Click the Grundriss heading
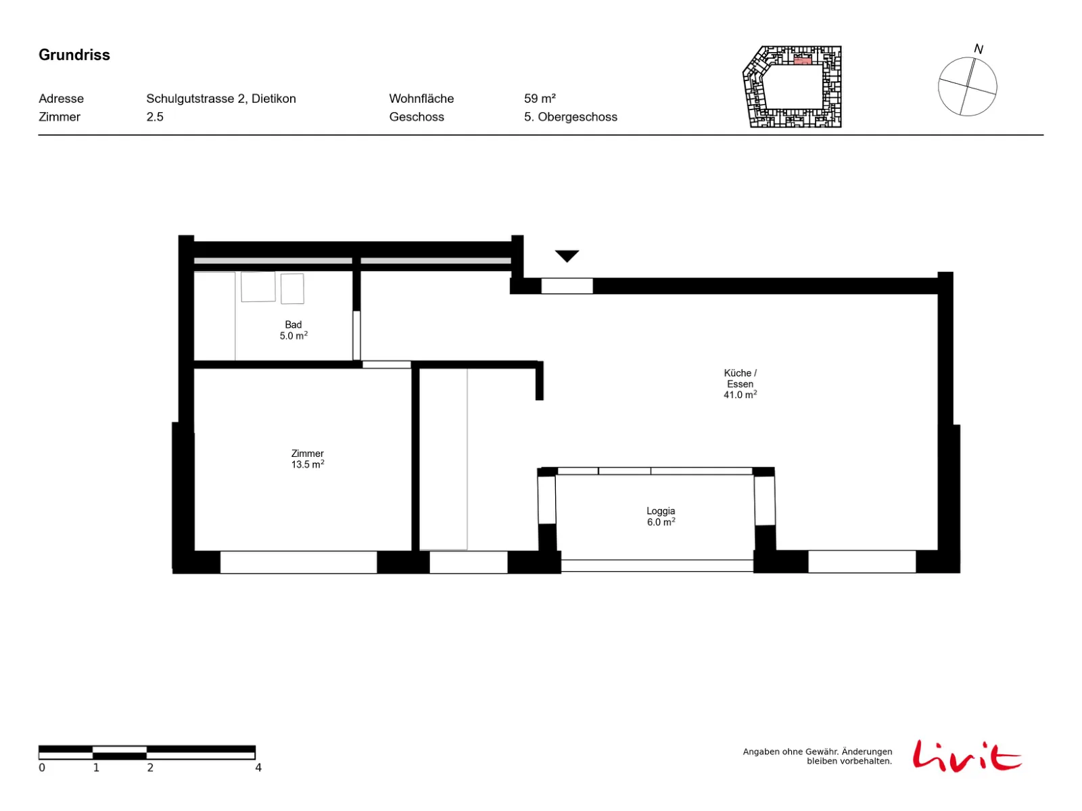(x=74, y=55)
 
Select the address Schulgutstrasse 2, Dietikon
(x=221, y=99)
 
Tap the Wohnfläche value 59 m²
(x=540, y=99)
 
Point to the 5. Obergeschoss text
(x=570, y=117)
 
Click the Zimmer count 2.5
(x=154, y=117)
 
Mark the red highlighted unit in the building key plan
(x=802, y=61)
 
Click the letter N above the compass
(x=978, y=49)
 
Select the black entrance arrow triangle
(x=567, y=255)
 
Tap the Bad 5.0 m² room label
(x=293, y=330)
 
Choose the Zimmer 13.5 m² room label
(x=307, y=458)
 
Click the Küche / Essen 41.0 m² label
(x=740, y=384)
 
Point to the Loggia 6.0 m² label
(x=661, y=516)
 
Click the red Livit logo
(x=967, y=756)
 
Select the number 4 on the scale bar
(x=258, y=767)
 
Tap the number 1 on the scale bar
(x=96, y=767)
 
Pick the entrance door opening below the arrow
(x=567, y=286)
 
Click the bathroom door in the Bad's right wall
(x=356, y=335)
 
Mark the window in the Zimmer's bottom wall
(x=298, y=562)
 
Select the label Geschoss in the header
(x=417, y=117)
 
